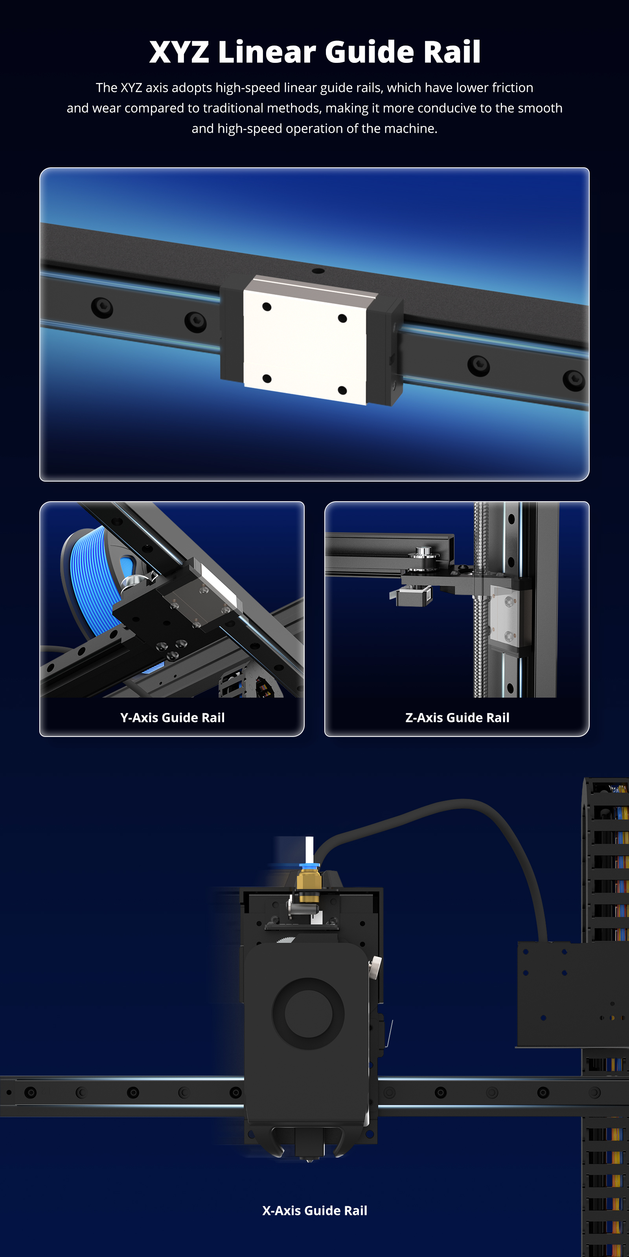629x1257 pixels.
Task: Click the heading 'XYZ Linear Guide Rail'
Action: [x=314, y=52]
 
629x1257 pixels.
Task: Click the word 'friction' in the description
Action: [x=512, y=88]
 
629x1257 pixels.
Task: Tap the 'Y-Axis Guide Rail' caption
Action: [x=173, y=717]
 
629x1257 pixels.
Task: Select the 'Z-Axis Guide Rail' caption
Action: [x=457, y=717]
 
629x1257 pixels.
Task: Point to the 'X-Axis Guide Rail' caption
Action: [x=314, y=1210]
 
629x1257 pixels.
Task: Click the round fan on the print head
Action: [x=308, y=1013]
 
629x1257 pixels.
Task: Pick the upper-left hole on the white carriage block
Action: [x=267, y=306]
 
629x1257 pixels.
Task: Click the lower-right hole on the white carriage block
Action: [x=342, y=390]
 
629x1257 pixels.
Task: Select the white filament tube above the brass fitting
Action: [x=309, y=850]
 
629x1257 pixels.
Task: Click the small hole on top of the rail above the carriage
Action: [x=318, y=271]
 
